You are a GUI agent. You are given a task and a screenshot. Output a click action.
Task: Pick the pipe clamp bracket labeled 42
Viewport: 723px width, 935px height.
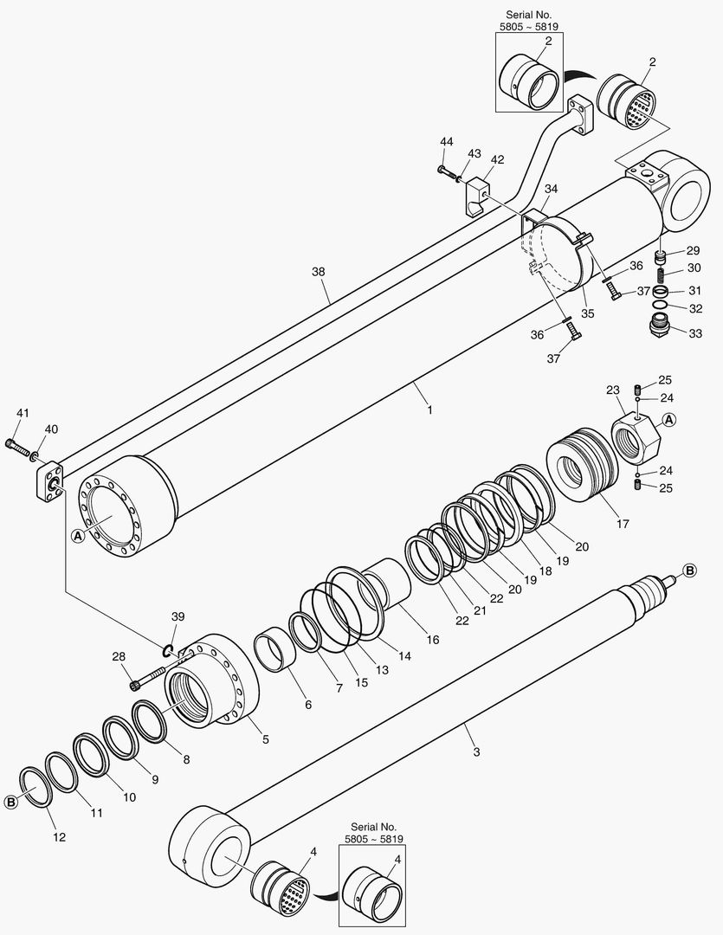pyautogui.click(x=473, y=197)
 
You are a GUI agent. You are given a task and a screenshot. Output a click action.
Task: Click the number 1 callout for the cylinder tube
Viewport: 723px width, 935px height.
pyautogui.click(x=429, y=409)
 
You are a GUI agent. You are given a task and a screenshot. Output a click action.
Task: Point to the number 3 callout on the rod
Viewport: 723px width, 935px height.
pyautogui.click(x=475, y=751)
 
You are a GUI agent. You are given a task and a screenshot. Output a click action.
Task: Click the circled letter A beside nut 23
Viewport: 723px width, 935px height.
pyautogui.click(x=668, y=421)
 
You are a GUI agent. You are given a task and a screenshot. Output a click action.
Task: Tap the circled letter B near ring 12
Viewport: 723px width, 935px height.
pyautogui.click(x=11, y=802)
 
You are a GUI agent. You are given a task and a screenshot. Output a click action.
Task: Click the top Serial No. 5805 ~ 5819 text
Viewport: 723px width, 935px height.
pyautogui.click(x=528, y=22)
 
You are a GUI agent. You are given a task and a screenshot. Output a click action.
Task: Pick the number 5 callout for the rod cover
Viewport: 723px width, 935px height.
pyautogui.click(x=265, y=738)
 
